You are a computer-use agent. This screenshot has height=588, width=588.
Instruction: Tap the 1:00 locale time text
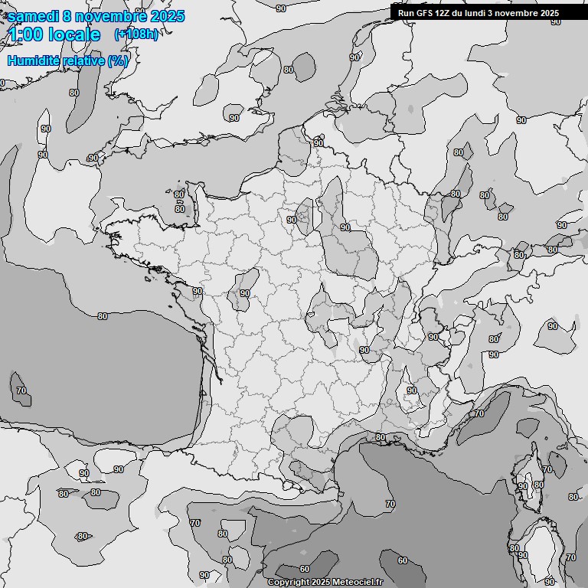(x=54, y=34)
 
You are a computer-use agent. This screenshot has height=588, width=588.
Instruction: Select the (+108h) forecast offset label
(x=136, y=34)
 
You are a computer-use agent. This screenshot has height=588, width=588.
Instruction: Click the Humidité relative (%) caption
(x=67, y=60)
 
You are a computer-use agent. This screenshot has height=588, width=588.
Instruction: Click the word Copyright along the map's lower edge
(x=289, y=582)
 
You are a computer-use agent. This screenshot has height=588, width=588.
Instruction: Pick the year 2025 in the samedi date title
(x=166, y=16)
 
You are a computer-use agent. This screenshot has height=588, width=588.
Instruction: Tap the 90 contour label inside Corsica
(x=522, y=486)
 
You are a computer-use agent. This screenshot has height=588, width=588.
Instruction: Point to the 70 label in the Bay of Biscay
(x=21, y=390)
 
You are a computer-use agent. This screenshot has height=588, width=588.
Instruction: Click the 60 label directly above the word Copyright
(x=305, y=569)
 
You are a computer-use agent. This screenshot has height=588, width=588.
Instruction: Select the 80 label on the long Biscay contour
(x=103, y=316)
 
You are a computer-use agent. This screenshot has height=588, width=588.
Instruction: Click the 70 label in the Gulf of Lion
(x=390, y=505)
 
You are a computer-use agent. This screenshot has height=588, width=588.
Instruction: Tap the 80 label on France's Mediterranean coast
(x=381, y=437)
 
